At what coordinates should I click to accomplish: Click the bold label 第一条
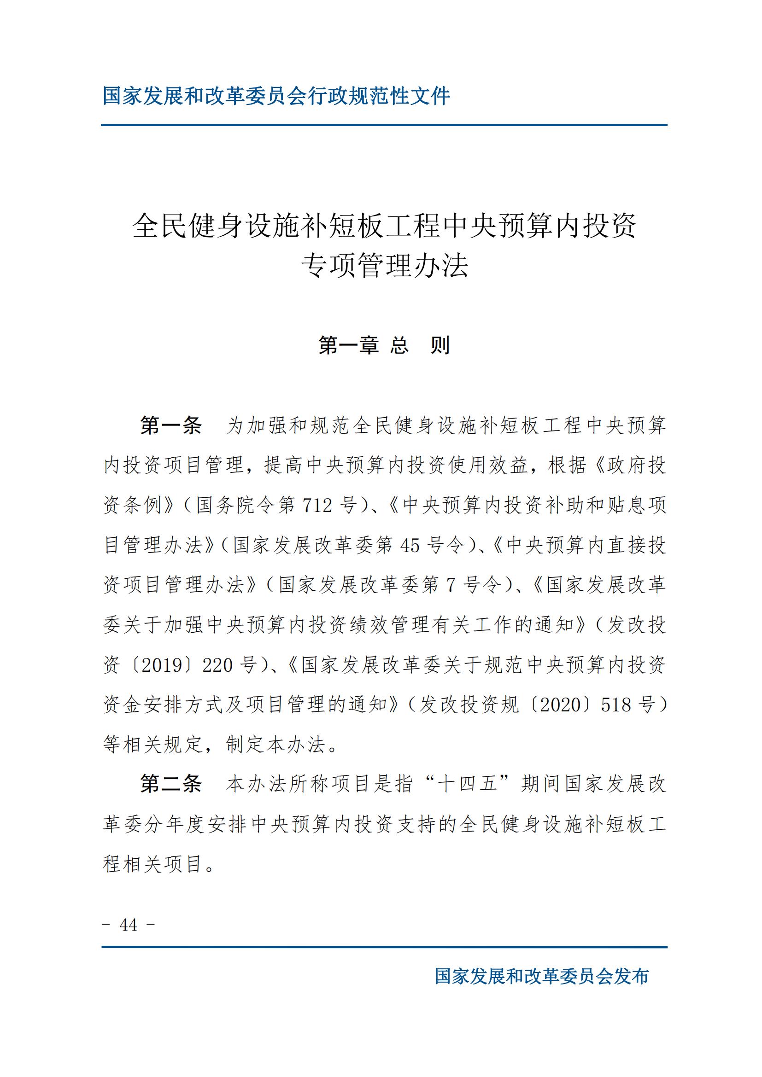click(171, 425)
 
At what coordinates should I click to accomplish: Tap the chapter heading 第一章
click(349, 345)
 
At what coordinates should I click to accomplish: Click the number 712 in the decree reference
click(318, 505)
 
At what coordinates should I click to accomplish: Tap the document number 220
click(218, 665)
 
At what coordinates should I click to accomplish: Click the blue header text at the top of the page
click(276, 96)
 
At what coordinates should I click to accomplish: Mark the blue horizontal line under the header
click(384, 125)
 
